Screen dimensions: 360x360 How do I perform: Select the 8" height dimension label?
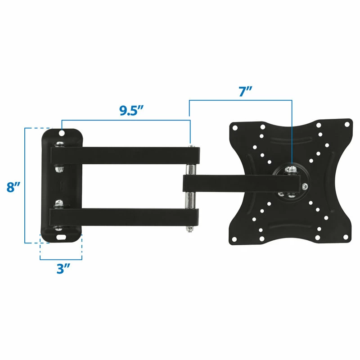[x=13, y=187]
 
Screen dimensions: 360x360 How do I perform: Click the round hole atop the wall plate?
[x=62, y=133]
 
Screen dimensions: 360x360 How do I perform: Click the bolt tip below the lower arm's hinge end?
[x=191, y=230]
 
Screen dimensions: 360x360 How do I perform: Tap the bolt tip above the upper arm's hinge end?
[x=191, y=145]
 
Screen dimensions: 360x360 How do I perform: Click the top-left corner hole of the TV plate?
[x=234, y=126]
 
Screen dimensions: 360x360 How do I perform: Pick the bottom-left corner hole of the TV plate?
[x=234, y=239]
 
